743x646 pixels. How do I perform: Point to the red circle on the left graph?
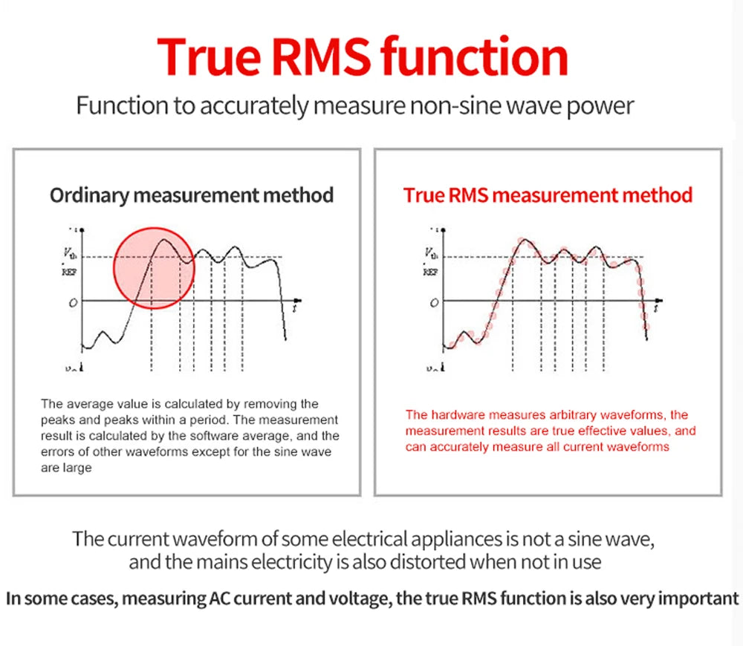pos(154,267)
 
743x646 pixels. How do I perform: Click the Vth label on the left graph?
pos(68,254)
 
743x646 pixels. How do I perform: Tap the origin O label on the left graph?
pos(72,304)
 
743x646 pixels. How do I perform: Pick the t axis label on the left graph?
pos(295,306)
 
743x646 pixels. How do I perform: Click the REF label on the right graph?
pos(431,272)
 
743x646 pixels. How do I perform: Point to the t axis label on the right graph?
pos(656,305)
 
